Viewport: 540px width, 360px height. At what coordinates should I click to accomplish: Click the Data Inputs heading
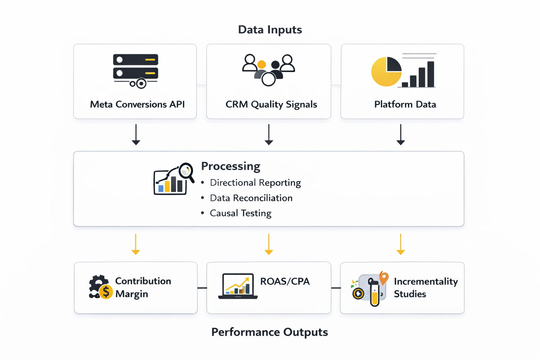tap(270, 30)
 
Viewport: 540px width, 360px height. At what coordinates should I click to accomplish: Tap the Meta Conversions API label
tap(137, 104)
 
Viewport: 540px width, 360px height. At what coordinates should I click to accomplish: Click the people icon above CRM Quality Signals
tap(269, 70)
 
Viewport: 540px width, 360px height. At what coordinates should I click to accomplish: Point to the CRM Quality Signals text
tap(271, 104)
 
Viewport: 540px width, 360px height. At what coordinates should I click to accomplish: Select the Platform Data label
tap(405, 104)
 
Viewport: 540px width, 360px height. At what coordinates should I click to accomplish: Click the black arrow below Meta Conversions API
tap(136, 135)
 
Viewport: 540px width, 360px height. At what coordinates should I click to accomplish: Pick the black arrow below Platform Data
tap(401, 135)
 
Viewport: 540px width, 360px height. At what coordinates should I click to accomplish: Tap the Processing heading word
tap(231, 166)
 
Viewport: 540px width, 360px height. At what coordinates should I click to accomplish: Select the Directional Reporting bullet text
tap(255, 183)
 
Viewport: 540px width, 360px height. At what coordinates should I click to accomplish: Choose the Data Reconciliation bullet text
tap(251, 198)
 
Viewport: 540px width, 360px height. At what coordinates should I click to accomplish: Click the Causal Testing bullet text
tap(240, 213)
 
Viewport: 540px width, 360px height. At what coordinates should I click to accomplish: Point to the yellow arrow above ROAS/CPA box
tap(269, 244)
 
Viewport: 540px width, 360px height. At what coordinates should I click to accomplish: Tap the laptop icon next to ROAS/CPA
tap(238, 286)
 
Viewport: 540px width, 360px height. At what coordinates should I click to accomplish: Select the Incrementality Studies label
tap(425, 288)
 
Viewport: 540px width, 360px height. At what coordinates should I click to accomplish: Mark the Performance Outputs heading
tap(269, 332)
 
